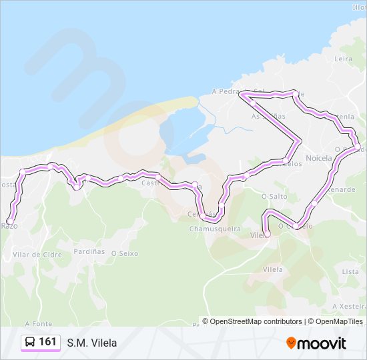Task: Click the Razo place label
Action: pos(10,226)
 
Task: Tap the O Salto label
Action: pos(274,196)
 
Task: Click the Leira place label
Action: pos(343,59)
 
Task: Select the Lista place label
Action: pos(350,272)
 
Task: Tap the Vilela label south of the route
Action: pos(273,269)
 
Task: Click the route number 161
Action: pos(47,342)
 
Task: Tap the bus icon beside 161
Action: pos(31,342)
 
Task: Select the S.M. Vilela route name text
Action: pos(91,343)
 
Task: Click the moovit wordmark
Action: pos(322,343)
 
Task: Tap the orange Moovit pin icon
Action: pos(291,343)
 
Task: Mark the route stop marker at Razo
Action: pos(10,221)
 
